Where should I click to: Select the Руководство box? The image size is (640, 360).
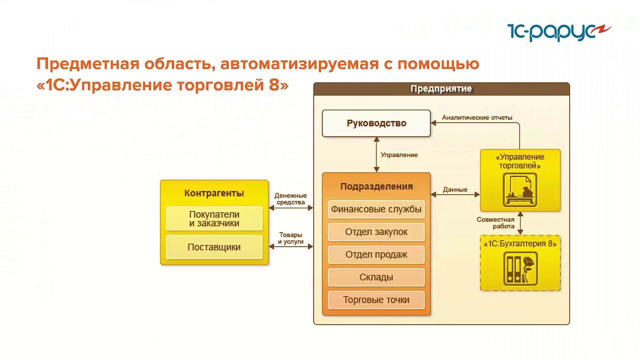tap(376, 123)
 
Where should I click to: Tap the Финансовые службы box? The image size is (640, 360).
tap(376, 209)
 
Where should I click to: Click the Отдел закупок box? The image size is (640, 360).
tap(376, 232)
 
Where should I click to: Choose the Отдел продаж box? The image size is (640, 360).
tap(376, 254)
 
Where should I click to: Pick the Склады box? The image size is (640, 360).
tap(376, 277)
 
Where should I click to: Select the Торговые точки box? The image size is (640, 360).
tap(376, 300)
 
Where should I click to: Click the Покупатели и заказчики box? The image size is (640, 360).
tap(214, 218)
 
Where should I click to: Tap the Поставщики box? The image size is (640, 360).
tap(214, 247)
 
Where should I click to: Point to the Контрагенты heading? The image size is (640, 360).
tap(214, 193)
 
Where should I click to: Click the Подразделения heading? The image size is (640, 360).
tap(376, 186)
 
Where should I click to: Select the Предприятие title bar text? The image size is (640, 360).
tap(441, 89)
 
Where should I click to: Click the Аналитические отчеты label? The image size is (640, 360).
tap(477, 118)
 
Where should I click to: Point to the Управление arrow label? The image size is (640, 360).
tap(399, 155)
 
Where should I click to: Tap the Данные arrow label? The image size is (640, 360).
tap(455, 190)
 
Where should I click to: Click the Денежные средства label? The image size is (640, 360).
tap(290, 199)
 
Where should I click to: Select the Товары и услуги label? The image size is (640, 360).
tap(290, 238)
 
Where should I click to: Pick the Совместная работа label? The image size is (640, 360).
tap(495, 223)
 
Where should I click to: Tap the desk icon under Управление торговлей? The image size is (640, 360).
tap(520, 190)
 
